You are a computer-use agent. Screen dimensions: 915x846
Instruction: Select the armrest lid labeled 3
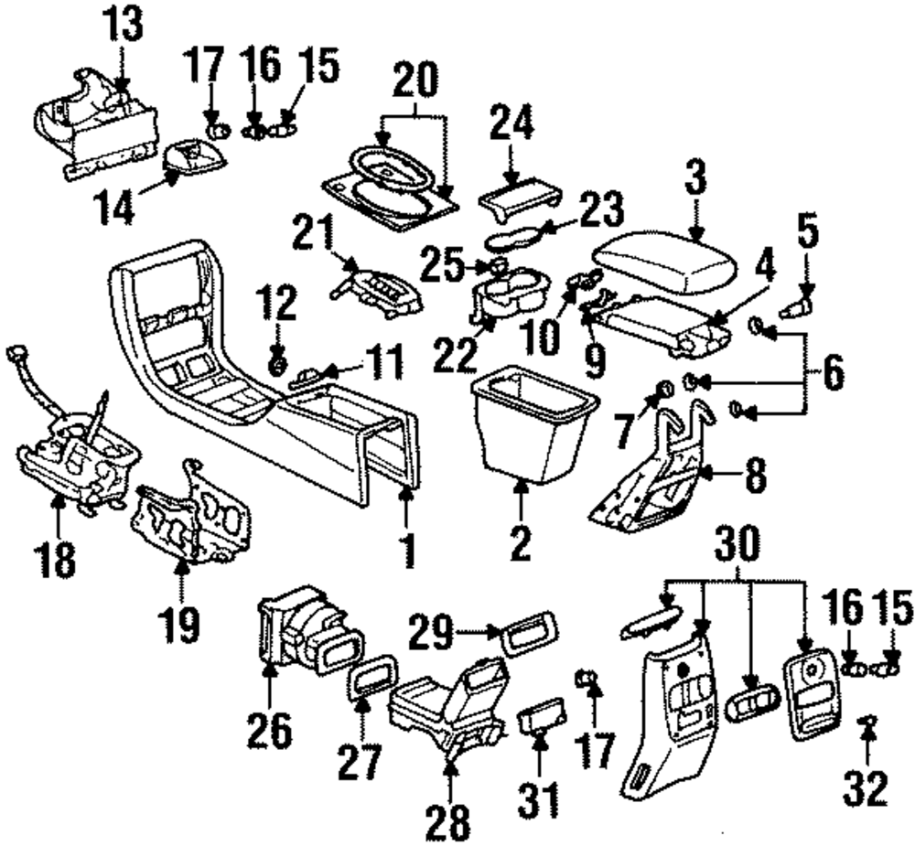pyautogui.click(x=664, y=262)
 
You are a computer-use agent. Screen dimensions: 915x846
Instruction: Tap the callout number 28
pyautogui.click(x=450, y=822)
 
